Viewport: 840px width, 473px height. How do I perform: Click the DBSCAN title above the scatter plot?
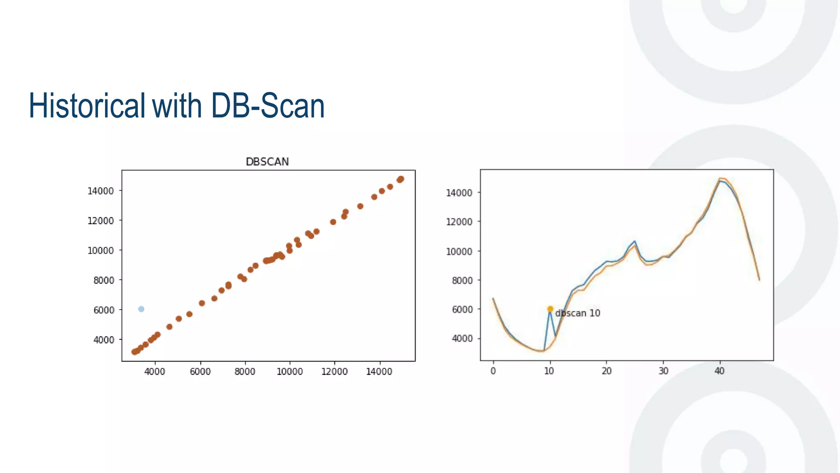[x=267, y=162]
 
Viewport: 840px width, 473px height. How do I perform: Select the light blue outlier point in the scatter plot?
[x=141, y=309]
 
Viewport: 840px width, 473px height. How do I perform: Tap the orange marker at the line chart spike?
[x=550, y=309]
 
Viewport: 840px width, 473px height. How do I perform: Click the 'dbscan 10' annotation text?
[x=577, y=313]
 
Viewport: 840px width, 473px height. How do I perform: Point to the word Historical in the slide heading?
[x=87, y=106]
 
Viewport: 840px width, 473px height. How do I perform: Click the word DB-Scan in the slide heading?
[x=267, y=106]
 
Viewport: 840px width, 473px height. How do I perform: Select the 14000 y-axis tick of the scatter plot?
[x=100, y=191]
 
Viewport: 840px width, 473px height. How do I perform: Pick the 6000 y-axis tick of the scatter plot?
[x=104, y=310]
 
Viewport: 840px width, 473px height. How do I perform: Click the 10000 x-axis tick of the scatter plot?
[x=290, y=372]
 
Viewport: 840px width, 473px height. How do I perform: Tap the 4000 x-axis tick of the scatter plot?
[x=155, y=372]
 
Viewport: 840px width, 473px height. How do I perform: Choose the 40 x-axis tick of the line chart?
[x=719, y=371]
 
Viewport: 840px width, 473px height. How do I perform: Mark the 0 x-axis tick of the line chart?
[x=493, y=371]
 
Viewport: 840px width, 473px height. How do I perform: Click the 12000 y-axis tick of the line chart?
[x=459, y=222]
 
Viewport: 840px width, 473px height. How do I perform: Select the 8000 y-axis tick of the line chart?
[x=462, y=280]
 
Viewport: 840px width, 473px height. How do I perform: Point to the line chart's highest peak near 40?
[x=720, y=179]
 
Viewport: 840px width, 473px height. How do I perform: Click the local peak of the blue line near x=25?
[x=635, y=241]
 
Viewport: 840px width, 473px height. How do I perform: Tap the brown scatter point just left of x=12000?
[x=333, y=222]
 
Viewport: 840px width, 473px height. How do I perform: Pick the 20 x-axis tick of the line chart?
[x=606, y=371]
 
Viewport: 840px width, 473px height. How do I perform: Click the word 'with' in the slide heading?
[x=177, y=106]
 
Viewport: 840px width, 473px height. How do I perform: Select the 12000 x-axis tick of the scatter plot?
[x=334, y=372]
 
